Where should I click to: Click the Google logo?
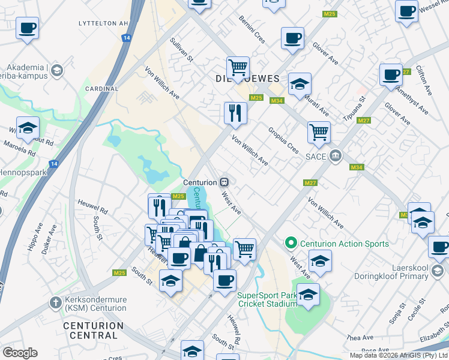pos(20,353)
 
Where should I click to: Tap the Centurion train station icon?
pos(224,182)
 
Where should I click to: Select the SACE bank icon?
pos(335,157)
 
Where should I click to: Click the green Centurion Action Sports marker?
pos(291,243)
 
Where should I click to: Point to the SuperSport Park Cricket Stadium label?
pos(267,299)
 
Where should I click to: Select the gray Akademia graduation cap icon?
pos(57,71)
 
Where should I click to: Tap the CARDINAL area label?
pos(102,89)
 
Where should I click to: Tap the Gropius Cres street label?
pos(283,139)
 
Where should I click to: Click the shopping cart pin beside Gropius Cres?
pos(319,131)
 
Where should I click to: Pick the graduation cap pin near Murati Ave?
pos(300,84)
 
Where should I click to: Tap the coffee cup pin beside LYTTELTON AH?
pos(27,27)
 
